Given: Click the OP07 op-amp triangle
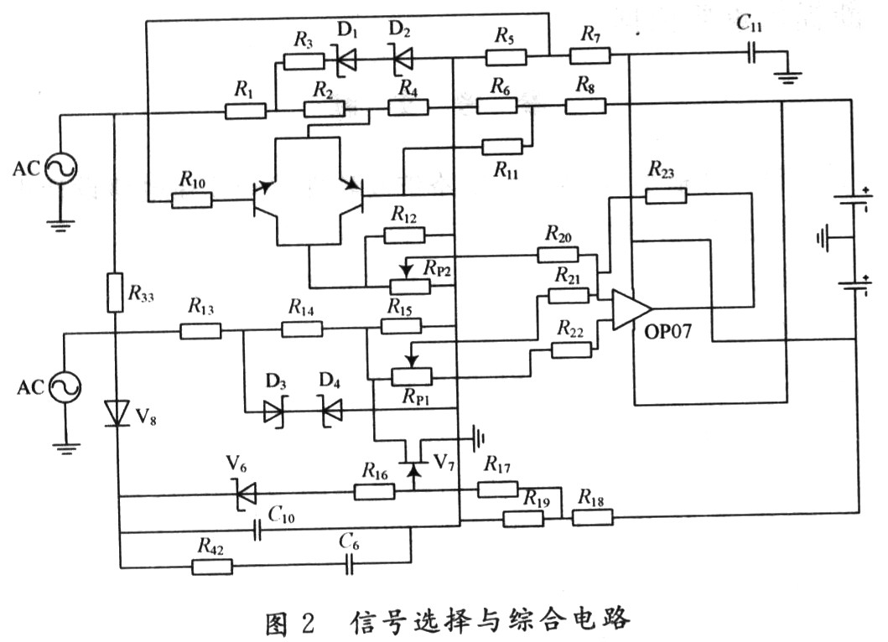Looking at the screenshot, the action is coord(631,309).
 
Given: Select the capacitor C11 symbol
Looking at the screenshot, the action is coord(751,54).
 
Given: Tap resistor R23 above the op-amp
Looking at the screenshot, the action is coord(666,195).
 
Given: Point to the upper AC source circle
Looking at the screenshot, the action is coord(60,168).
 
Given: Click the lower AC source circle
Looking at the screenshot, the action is coord(65,386).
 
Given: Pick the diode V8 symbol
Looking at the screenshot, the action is coord(117,412).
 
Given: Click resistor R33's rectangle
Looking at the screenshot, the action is coord(115,293).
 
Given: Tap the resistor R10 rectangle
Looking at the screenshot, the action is coord(191,199).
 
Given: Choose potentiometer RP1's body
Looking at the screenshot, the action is coord(411,376).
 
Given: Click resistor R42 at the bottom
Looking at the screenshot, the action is coord(212,567).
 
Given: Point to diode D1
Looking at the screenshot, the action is coord(346,59).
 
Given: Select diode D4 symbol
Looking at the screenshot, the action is coord(332,411).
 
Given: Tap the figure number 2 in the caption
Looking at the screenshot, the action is coord(308,622).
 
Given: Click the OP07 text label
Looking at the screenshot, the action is coord(668,330).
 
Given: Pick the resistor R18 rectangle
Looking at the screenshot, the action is coord(592,517).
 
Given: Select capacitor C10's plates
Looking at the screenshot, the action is coord(257,531).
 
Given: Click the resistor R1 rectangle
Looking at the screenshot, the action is coord(245,111).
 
